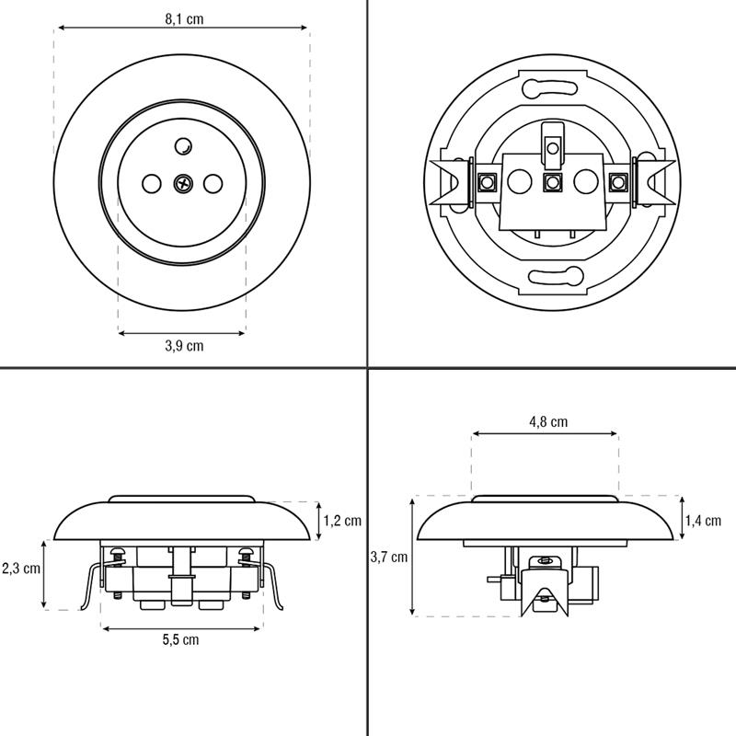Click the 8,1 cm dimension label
pyautogui.click(x=184, y=19)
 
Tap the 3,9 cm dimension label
pyautogui.click(x=184, y=346)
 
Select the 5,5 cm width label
pyautogui.click(x=180, y=639)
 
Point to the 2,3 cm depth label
pyautogui.click(x=21, y=569)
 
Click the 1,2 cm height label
pyautogui.click(x=342, y=521)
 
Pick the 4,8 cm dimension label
pyautogui.click(x=548, y=421)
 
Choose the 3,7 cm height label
pyautogui.click(x=388, y=558)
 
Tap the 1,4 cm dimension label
pyautogui.click(x=703, y=521)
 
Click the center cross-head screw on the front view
pyautogui.click(x=182, y=183)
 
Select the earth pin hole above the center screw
pyautogui.click(x=183, y=146)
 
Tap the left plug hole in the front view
pyautogui.click(x=151, y=183)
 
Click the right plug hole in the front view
pyautogui.click(x=213, y=183)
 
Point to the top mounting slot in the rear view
pyautogui.click(x=549, y=87)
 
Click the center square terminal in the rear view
pyautogui.click(x=553, y=181)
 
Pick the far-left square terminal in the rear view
pyautogui.click(x=487, y=181)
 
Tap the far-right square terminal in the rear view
pyautogui.click(x=618, y=181)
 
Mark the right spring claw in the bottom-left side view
pyautogui.click(x=273, y=586)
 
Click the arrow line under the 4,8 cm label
pyautogui.click(x=545, y=433)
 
